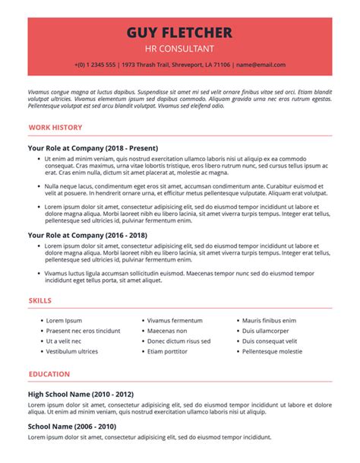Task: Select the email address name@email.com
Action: coord(261,65)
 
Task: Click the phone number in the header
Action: coord(96,65)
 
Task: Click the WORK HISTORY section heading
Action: coord(55,128)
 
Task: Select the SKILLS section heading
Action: coord(40,301)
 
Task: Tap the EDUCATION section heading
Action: coord(49,374)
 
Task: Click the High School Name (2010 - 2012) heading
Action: coord(81,395)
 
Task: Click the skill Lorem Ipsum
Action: coord(64,321)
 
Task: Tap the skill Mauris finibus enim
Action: coord(269,321)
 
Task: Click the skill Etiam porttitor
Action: coord(167,352)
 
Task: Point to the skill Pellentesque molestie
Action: coord(272,352)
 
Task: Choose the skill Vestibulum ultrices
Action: coord(72,352)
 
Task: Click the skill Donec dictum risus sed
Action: coord(178,341)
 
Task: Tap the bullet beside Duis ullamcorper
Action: coord(236,331)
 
